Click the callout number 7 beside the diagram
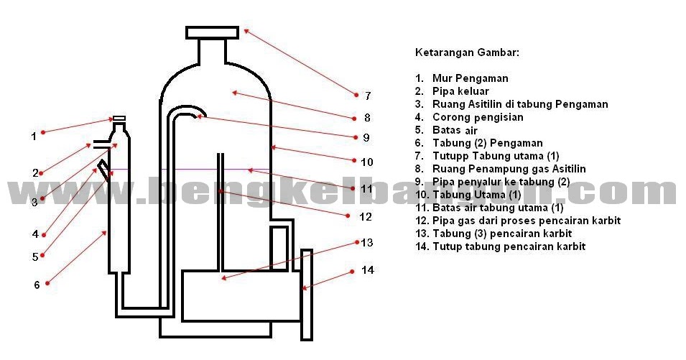click(367, 96)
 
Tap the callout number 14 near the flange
click(368, 270)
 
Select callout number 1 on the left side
click(33, 136)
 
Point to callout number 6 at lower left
click(37, 285)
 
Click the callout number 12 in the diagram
click(366, 216)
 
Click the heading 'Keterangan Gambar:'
click(467, 52)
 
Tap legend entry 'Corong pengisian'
click(478, 117)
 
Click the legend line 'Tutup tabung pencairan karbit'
click(509, 246)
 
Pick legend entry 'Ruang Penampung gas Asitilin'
click(509, 169)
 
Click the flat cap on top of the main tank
click(212, 32)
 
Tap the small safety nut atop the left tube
click(119, 119)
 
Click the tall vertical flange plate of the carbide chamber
click(307, 294)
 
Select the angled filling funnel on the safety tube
click(105, 169)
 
